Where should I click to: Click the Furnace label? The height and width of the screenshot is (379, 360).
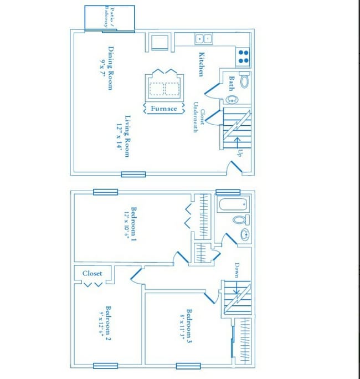point(164,109)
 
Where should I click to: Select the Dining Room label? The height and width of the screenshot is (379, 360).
point(111,68)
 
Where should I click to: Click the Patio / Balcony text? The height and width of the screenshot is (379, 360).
point(107,18)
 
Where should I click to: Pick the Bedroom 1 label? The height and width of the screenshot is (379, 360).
point(133,223)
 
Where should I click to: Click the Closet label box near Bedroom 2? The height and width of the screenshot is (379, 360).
point(92,273)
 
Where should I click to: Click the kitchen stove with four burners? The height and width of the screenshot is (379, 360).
point(243,57)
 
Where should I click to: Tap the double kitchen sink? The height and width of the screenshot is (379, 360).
point(203,39)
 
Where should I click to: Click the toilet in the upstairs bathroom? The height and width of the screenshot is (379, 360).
point(240,220)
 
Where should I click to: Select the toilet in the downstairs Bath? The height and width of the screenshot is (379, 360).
point(244,81)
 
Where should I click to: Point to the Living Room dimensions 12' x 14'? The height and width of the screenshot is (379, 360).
point(119,136)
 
